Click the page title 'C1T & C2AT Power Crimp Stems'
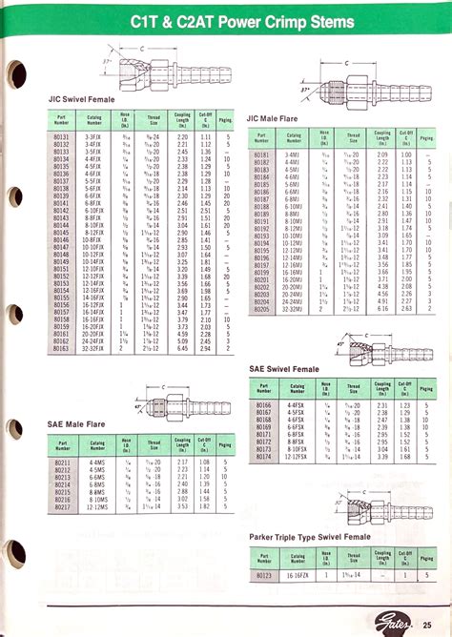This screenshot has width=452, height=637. point(245,21)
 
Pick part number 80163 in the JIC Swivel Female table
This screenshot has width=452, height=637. point(62,350)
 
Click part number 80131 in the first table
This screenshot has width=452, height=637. point(62,137)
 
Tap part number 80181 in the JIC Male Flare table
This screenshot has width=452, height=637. point(262,154)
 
